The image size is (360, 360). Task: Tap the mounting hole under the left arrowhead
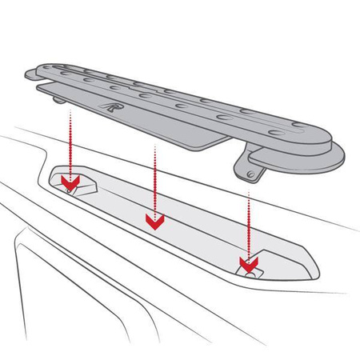pyautogui.click(x=70, y=189)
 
